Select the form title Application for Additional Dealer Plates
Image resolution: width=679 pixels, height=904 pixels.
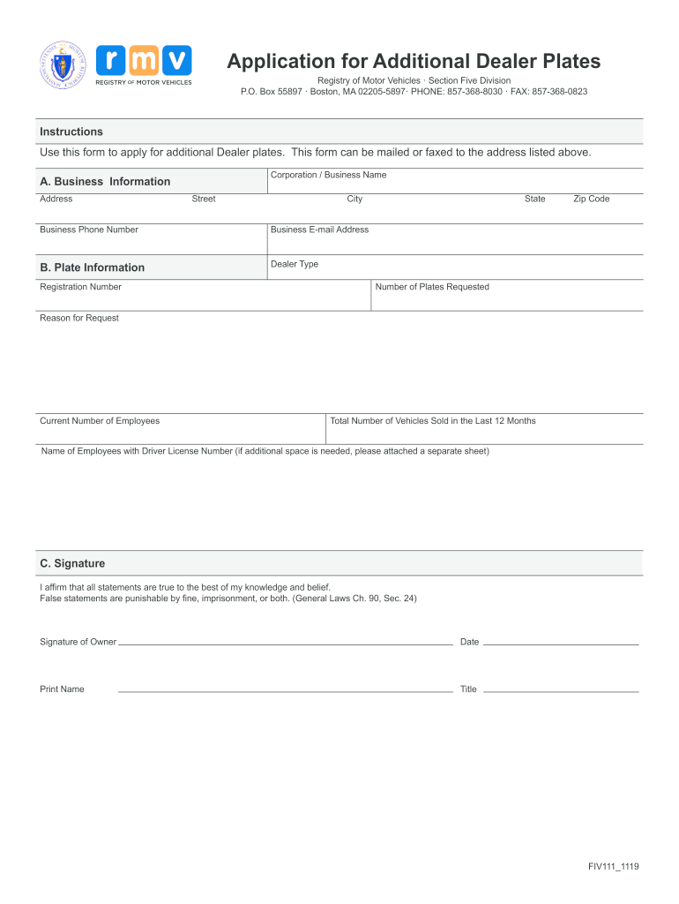pyautogui.click(x=414, y=61)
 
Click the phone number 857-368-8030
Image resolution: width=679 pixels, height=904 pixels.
pyautogui.click(x=474, y=92)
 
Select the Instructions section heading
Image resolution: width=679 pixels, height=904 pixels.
pyautogui.click(x=71, y=132)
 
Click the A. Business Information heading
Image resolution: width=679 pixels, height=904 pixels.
pyautogui.click(x=105, y=181)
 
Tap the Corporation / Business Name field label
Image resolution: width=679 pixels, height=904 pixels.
pyautogui.click(x=328, y=175)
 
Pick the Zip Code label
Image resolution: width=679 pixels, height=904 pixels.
pyautogui.click(x=591, y=199)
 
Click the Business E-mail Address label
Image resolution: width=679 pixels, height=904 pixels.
pyautogui.click(x=319, y=230)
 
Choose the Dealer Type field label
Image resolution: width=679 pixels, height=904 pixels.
pyautogui.click(x=295, y=264)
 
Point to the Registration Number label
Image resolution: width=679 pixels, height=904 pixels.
pyautogui.click(x=80, y=287)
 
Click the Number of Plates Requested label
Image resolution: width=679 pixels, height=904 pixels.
pyautogui.click(x=432, y=287)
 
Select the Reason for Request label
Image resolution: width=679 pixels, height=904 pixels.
pyautogui.click(x=79, y=318)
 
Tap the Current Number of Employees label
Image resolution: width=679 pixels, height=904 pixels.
pyautogui.click(x=100, y=421)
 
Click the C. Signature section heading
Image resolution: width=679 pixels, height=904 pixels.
pyautogui.click(x=72, y=563)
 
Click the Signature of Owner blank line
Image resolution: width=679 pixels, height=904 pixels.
pyautogui.click(x=285, y=644)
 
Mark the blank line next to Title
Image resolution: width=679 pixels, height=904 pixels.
pyautogui.click(x=561, y=690)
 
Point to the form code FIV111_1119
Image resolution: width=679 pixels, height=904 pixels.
pyautogui.click(x=614, y=867)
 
